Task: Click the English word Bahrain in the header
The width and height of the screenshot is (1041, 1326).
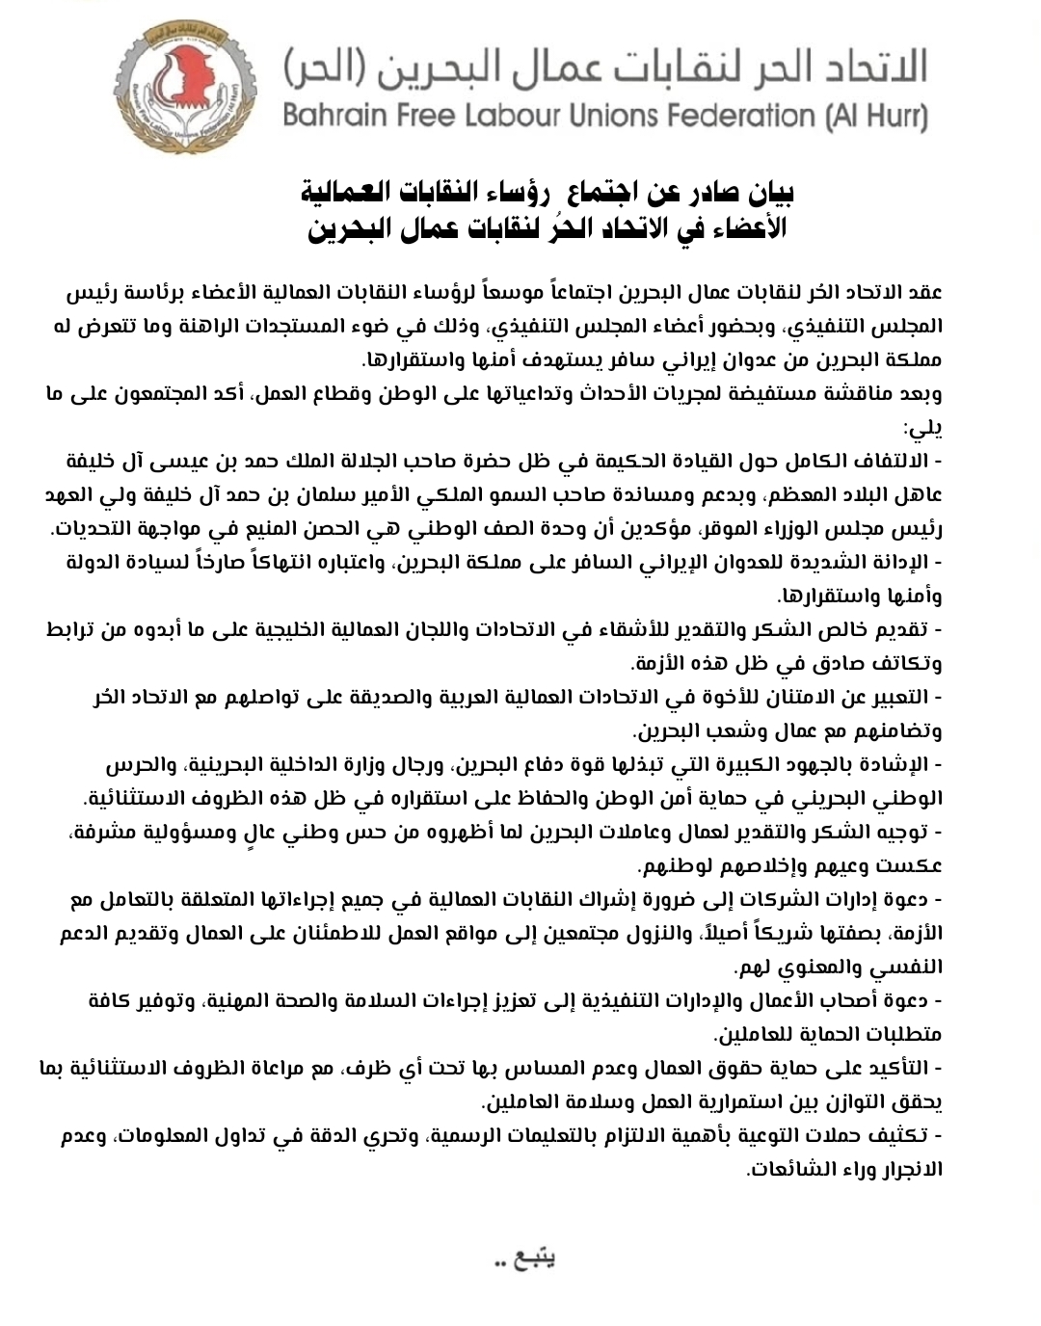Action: pos(334,117)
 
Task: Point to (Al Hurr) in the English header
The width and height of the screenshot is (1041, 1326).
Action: pos(876,117)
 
